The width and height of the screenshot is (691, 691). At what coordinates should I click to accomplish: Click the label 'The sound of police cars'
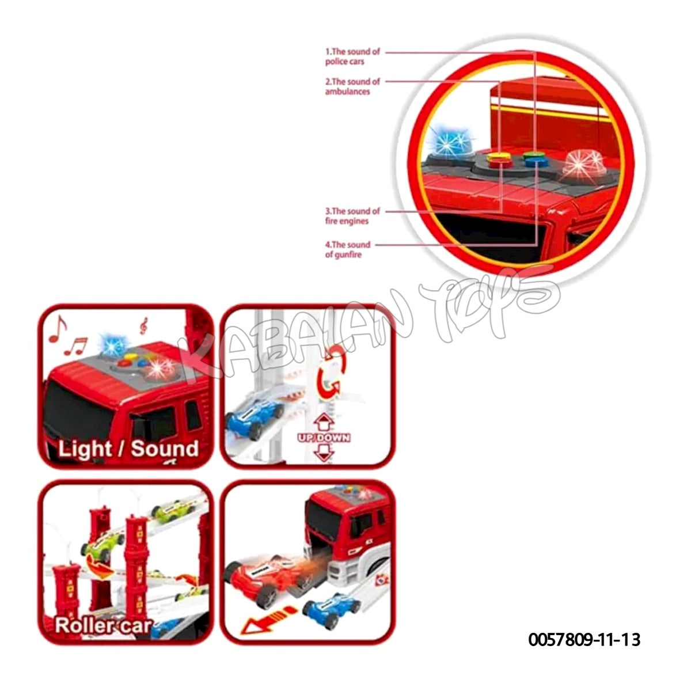click(x=352, y=56)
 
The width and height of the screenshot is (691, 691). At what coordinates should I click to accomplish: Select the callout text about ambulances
click(x=352, y=86)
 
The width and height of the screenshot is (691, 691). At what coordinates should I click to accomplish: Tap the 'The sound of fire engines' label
click(x=352, y=216)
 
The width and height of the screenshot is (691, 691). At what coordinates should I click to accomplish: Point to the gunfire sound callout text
click(x=347, y=249)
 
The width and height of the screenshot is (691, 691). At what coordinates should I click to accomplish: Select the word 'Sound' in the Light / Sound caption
click(x=165, y=449)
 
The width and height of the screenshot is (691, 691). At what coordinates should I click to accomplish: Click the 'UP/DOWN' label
click(x=324, y=438)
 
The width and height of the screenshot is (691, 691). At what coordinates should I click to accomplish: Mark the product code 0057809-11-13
click(x=584, y=639)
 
